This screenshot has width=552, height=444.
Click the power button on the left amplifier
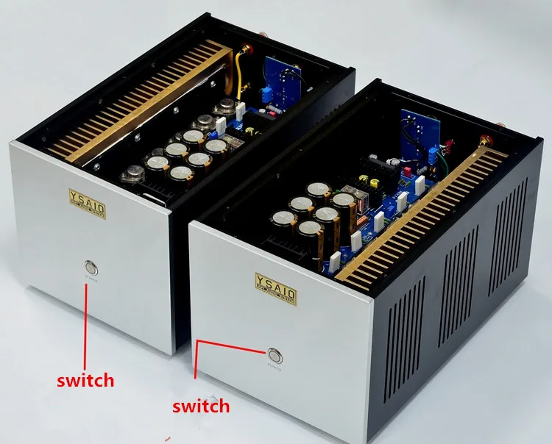[91, 266]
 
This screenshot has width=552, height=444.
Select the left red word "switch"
[86, 380]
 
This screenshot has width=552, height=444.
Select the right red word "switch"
[200, 405]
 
